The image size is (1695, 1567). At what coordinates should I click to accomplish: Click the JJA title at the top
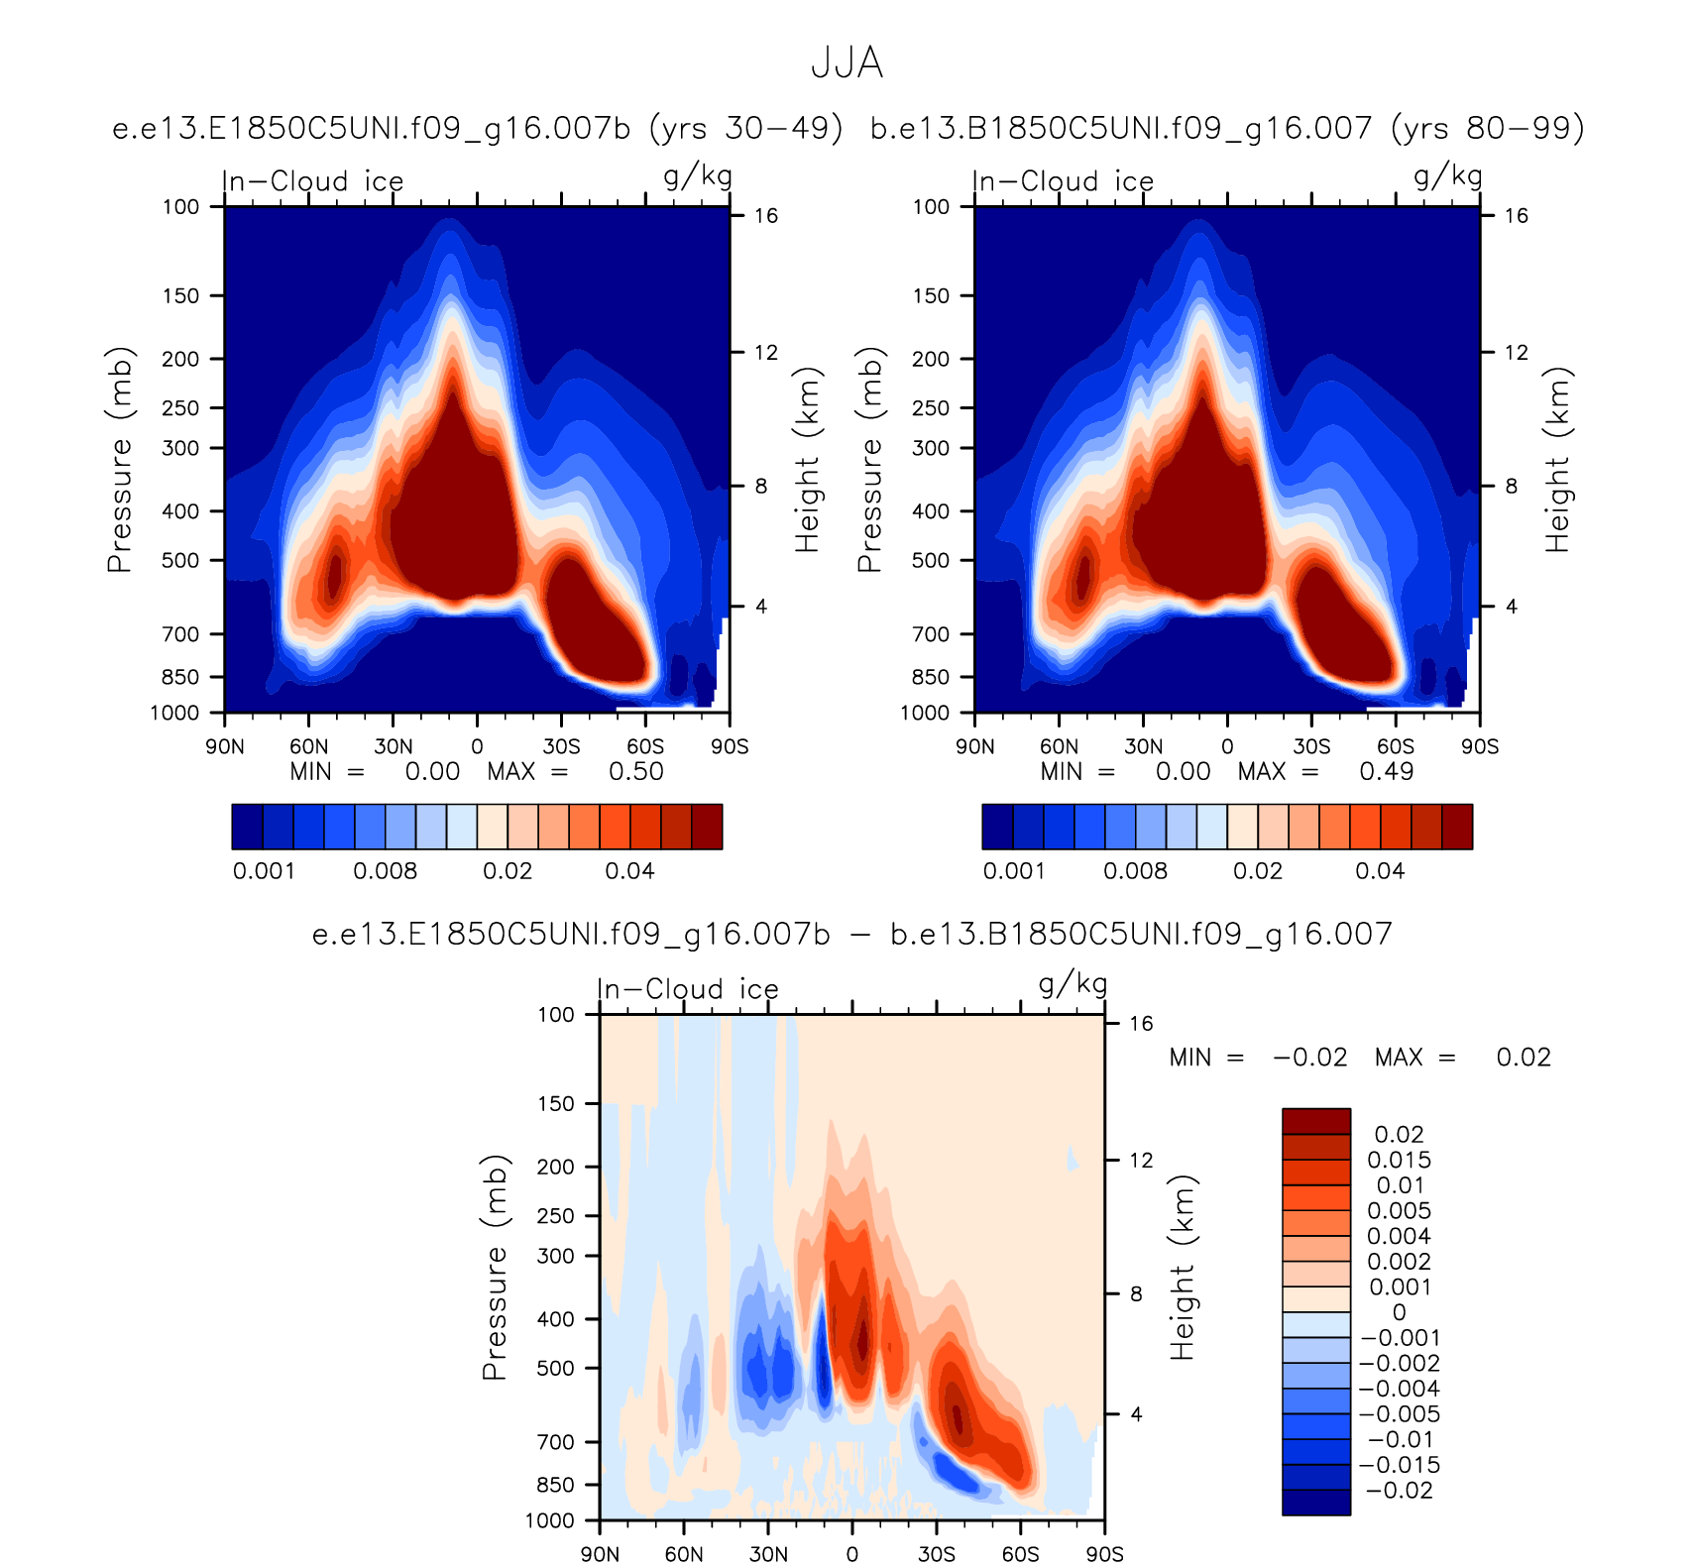(847, 63)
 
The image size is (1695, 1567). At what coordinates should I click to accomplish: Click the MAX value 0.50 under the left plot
(635, 771)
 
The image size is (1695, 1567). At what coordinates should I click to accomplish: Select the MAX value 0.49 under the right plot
(1386, 771)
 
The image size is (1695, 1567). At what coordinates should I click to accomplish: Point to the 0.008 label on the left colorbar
(385, 871)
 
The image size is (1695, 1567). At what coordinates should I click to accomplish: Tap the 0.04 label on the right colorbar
(1380, 871)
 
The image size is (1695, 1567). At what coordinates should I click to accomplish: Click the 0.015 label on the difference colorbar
(1399, 1161)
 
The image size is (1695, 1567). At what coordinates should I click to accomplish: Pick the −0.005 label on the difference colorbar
(1399, 1414)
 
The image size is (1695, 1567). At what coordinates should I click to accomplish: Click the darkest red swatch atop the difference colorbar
(1315, 1121)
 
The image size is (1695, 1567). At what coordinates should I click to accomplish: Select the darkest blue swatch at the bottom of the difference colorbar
(1315, 1503)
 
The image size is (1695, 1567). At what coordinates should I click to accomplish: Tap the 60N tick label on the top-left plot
(309, 746)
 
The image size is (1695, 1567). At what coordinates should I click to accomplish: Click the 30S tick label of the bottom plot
(936, 1554)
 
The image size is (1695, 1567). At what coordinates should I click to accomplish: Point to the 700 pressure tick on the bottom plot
(555, 1442)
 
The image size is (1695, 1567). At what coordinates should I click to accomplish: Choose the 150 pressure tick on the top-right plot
(931, 295)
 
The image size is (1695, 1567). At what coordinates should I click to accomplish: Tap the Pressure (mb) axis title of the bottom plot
(494, 1268)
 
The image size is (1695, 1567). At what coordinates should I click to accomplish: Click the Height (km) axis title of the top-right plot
(1557, 460)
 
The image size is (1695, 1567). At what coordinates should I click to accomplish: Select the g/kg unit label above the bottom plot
(1073, 984)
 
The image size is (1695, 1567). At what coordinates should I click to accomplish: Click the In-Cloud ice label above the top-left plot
(313, 181)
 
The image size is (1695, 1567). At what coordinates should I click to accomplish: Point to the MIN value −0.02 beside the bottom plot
(1309, 1058)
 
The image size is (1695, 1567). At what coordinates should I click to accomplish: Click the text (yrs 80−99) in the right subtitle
(1487, 129)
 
